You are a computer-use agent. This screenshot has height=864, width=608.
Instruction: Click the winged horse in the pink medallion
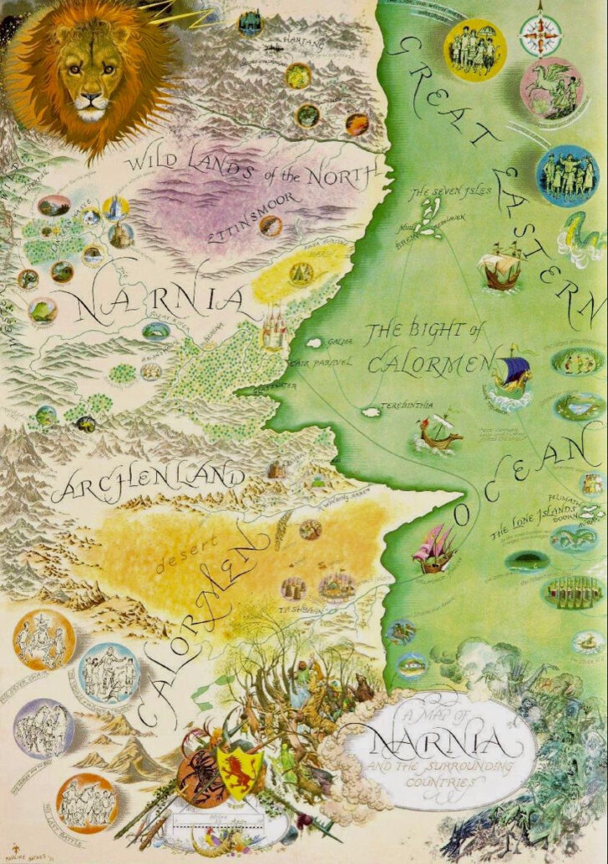pyautogui.click(x=550, y=87)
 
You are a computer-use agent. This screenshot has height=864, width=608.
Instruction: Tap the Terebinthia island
pyautogui.click(x=368, y=412)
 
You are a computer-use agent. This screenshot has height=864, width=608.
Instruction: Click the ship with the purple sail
pyautogui.click(x=513, y=373)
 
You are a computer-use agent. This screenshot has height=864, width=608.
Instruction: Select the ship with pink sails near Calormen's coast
pyautogui.click(x=436, y=548)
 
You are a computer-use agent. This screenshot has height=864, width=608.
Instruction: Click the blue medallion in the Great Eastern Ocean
pyautogui.click(x=567, y=176)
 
